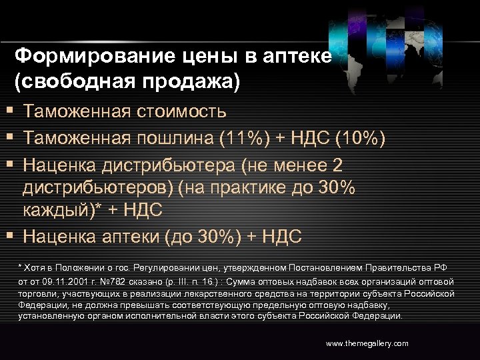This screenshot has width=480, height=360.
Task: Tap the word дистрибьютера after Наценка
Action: pyautogui.click(x=167, y=165)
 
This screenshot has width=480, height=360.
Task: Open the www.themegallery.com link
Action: pyautogui.click(x=367, y=343)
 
